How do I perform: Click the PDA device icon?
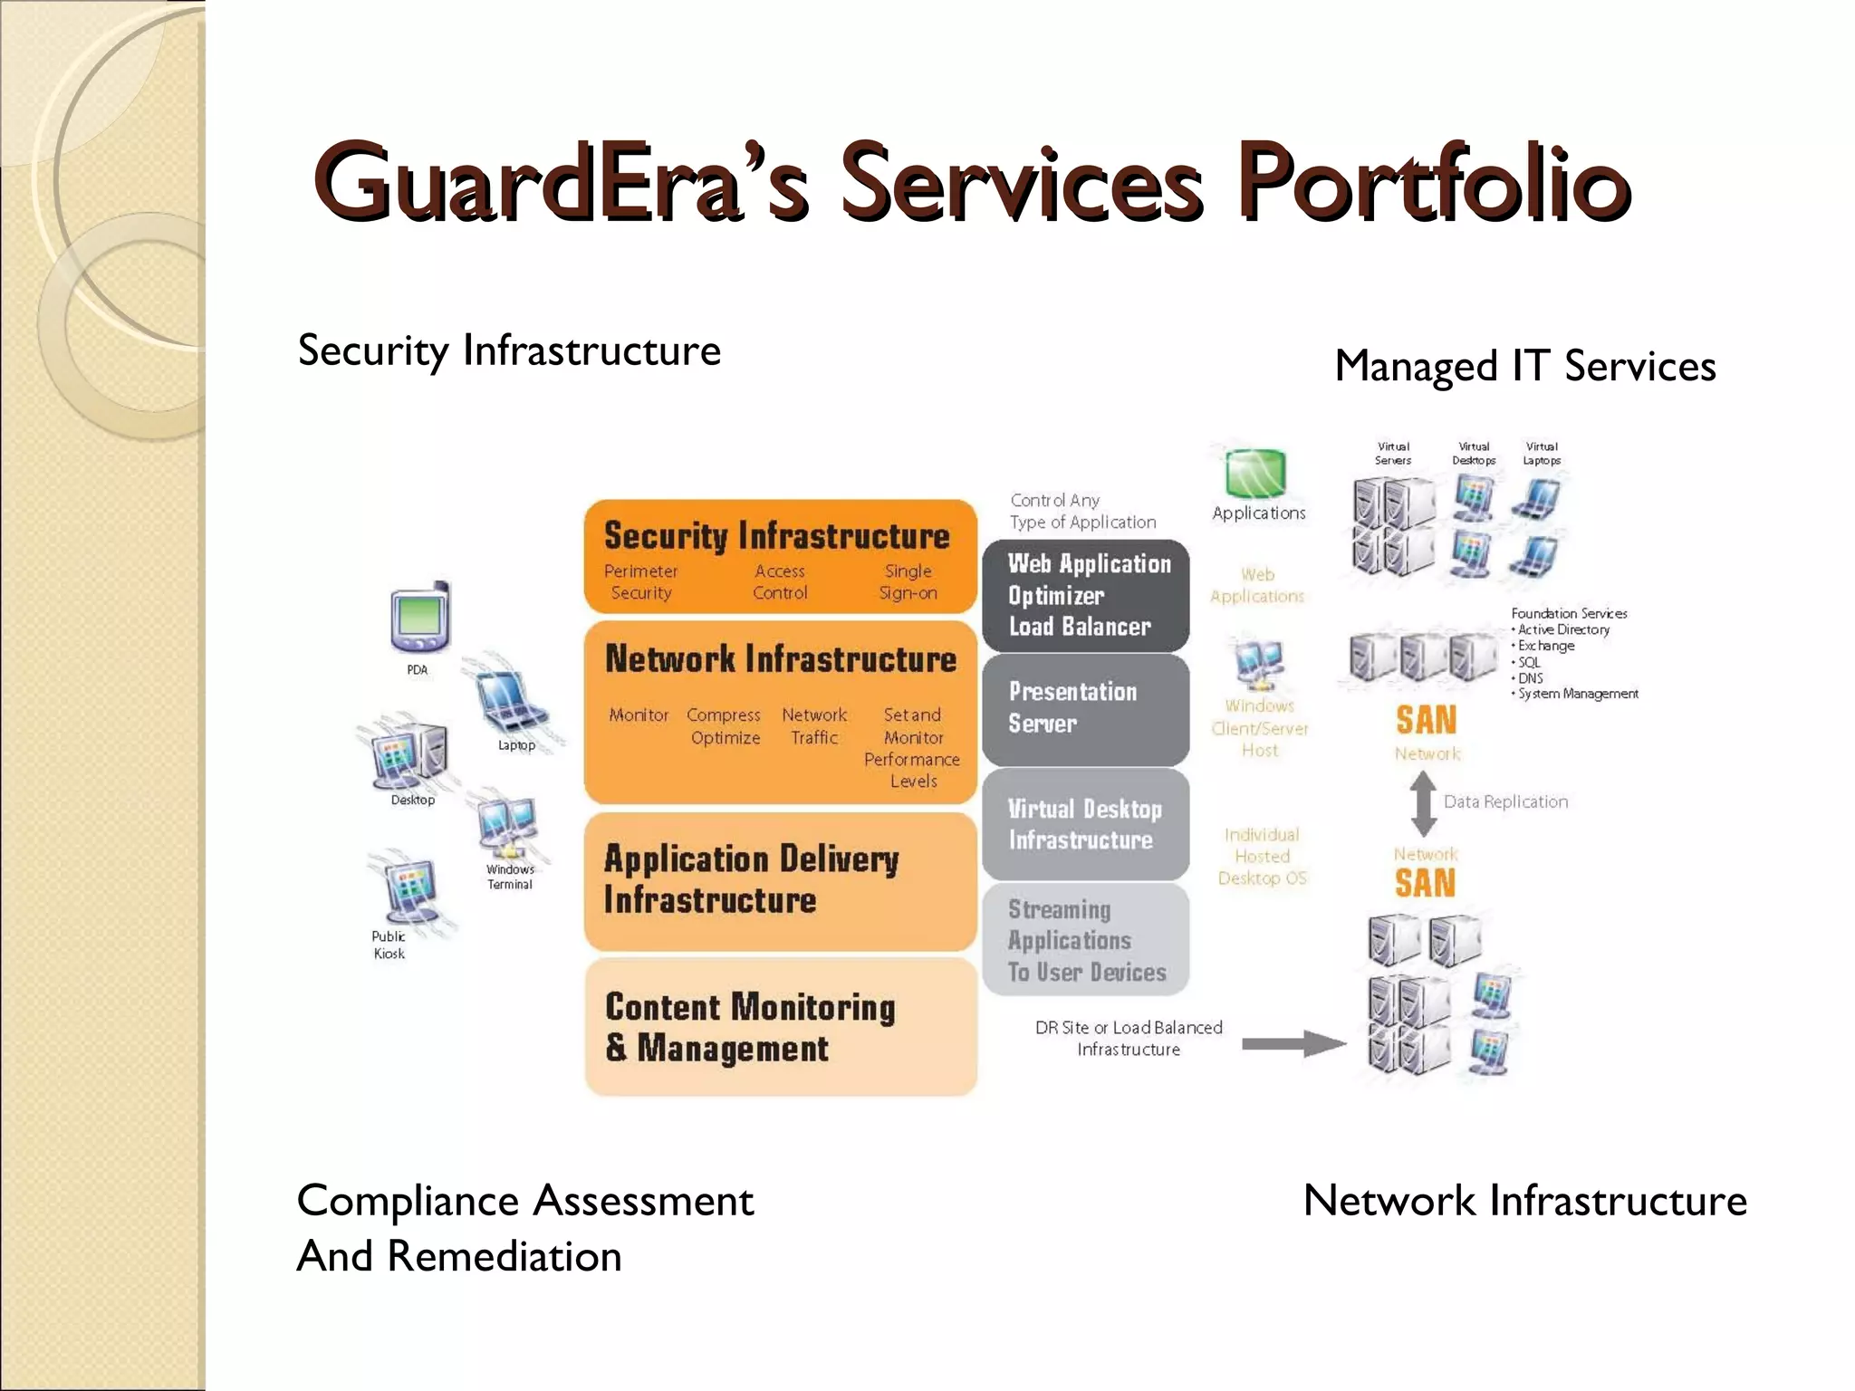tap(420, 618)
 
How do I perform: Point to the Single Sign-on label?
tap(908, 582)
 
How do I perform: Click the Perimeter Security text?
tap(640, 582)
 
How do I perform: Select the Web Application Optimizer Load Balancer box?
tap(1085, 595)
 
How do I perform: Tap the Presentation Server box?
tap(1085, 708)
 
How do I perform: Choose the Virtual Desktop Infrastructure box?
tap(1085, 824)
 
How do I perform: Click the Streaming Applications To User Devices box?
tap(1085, 940)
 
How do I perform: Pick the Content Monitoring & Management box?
tap(780, 1027)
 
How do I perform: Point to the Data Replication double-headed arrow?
tap(1423, 803)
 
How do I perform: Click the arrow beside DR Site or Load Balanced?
tap(1293, 1043)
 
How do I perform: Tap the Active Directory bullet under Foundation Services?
tap(1563, 629)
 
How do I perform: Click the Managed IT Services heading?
tap(1524, 367)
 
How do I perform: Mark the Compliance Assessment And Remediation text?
tap(525, 1228)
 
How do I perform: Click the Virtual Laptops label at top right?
tap(1541, 454)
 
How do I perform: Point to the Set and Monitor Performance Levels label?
tap(912, 748)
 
